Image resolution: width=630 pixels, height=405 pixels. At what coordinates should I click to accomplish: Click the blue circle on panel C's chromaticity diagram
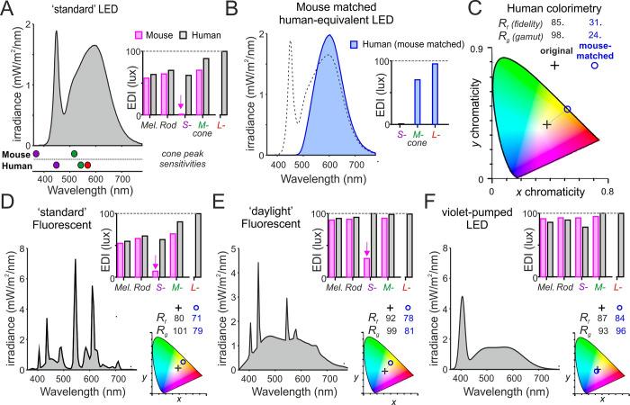(566, 109)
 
